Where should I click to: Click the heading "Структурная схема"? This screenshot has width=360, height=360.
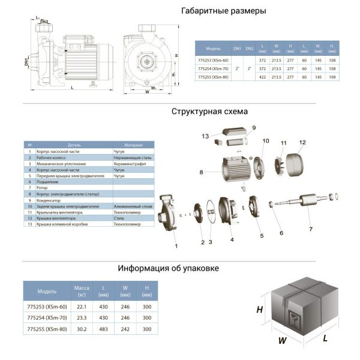[x=209, y=112]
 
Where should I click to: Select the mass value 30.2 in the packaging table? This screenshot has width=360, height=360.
[x=81, y=328]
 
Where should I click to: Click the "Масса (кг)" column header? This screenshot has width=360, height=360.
[x=81, y=291]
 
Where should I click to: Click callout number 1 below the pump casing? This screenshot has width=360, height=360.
[x=176, y=245]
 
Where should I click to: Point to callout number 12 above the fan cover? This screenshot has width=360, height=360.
[x=302, y=142]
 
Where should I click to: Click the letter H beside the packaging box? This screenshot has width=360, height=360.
[x=260, y=310]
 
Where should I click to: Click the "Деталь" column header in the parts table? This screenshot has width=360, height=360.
[x=74, y=145]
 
